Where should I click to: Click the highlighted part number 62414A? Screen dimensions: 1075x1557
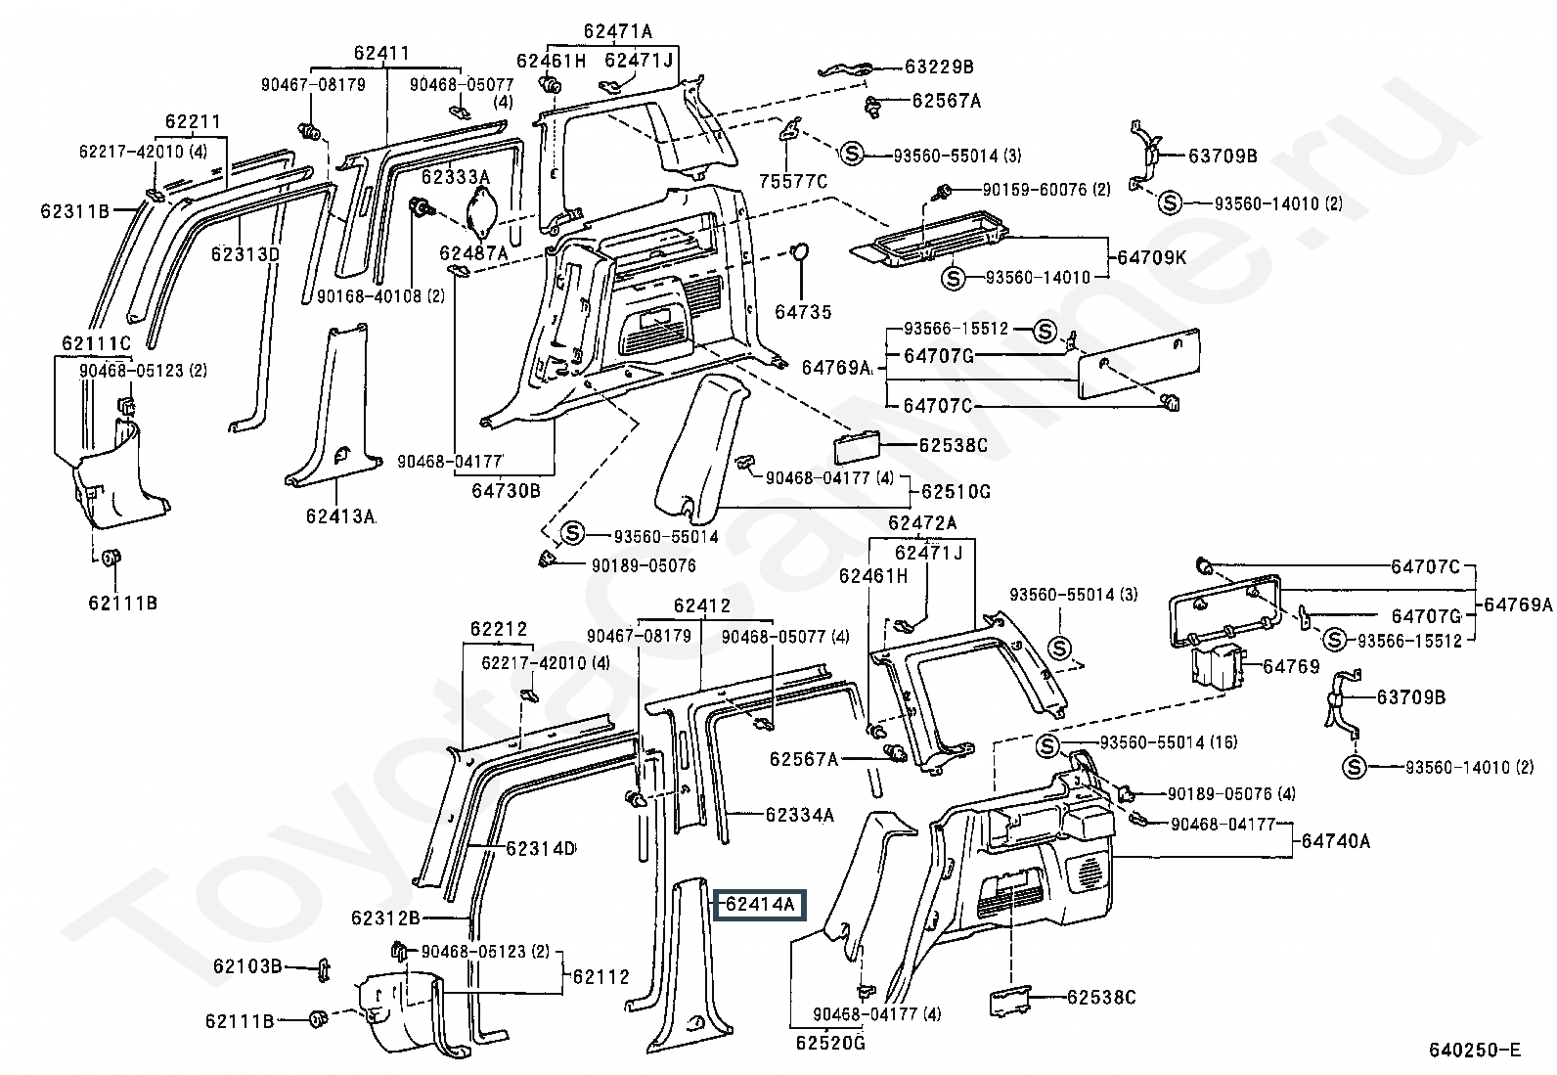click(x=760, y=905)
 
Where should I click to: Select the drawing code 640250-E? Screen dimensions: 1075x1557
click(x=1475, y=1051)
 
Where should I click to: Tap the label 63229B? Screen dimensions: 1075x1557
click(x=939, y=67)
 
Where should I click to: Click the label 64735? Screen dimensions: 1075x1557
click(x=803, y=312)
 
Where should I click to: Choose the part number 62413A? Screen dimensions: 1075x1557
click(x=339, y=515)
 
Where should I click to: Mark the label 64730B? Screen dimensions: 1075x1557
click(x=506, y=490)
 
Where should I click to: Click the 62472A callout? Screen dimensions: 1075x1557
click(x=922, y=522)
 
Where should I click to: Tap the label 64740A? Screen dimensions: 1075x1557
click(x=1335, y=840)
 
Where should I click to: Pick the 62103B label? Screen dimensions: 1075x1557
click(x=247, y=966)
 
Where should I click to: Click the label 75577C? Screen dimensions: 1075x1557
click(x=793, y=181)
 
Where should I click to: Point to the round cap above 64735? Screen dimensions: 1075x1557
click(x=800, y=253)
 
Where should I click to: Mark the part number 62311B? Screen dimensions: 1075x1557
click(x=74, y=210)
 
